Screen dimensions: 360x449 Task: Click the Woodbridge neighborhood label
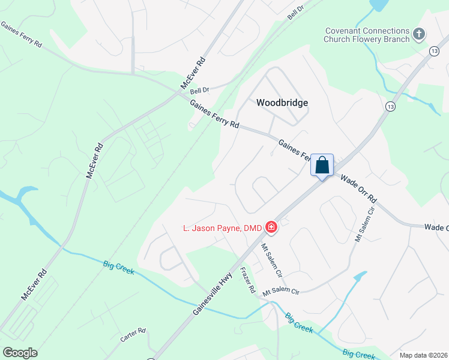coord(282,103)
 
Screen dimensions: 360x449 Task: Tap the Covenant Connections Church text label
coord(367,35)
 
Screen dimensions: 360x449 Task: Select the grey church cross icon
coord(419,35)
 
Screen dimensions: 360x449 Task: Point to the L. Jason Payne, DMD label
coord(223,227)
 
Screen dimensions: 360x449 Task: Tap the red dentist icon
coord(271,227)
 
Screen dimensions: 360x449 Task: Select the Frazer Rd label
coord(247,280)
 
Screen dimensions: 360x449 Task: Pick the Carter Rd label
coord(133,335)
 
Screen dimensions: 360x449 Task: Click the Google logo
coord(20,353)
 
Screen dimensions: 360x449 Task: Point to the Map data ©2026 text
coord(423,355)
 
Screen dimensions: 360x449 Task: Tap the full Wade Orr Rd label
coord(358,189)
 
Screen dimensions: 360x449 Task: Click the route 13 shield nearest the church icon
coord(434,52)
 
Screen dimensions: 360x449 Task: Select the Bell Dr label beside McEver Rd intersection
coord(199,90)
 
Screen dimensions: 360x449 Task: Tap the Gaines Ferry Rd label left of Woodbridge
coord(214,114)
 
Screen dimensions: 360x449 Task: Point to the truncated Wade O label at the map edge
coord(436,227)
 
